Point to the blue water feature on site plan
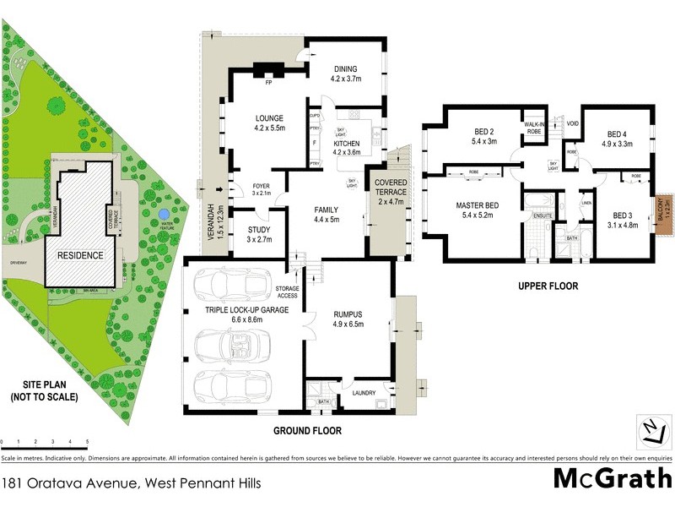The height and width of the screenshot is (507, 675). [163, 216]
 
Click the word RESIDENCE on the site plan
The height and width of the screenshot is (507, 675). [80, 255]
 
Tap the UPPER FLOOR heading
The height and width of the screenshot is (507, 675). [548, 286]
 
